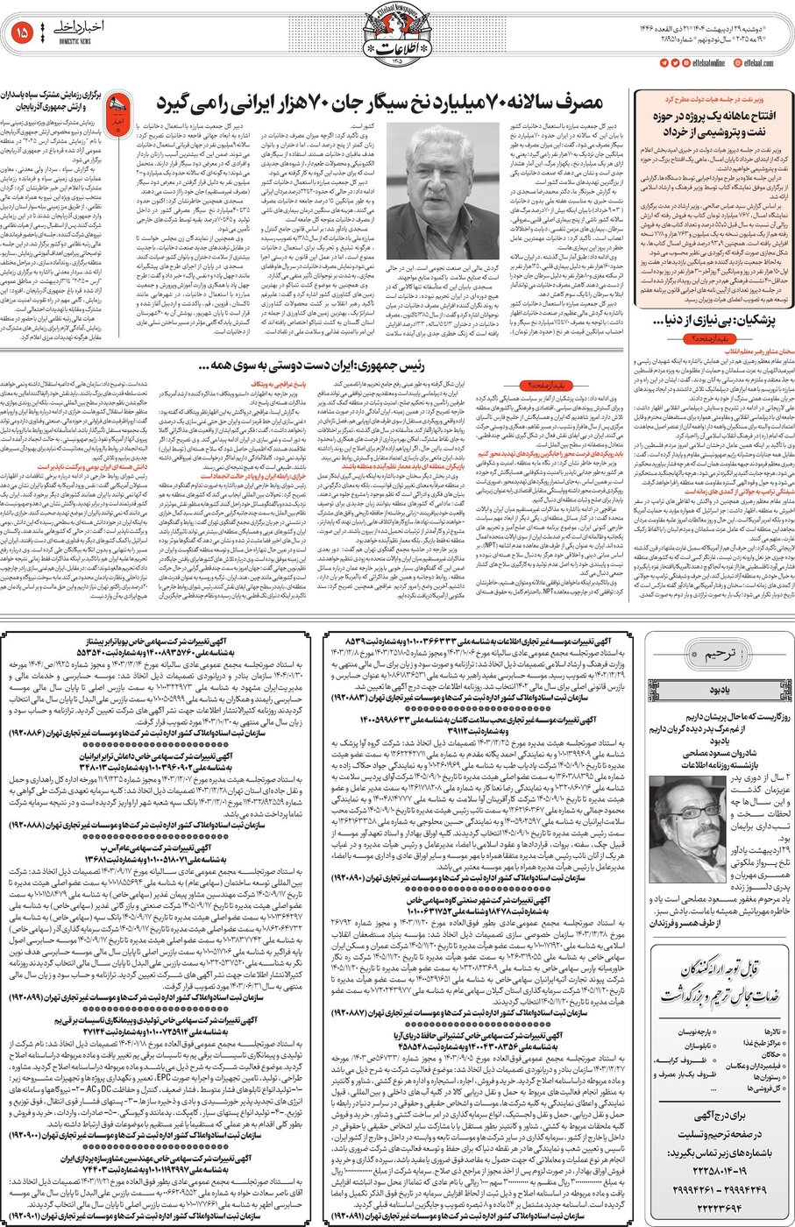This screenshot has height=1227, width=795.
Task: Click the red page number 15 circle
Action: [x=23, y=33]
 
